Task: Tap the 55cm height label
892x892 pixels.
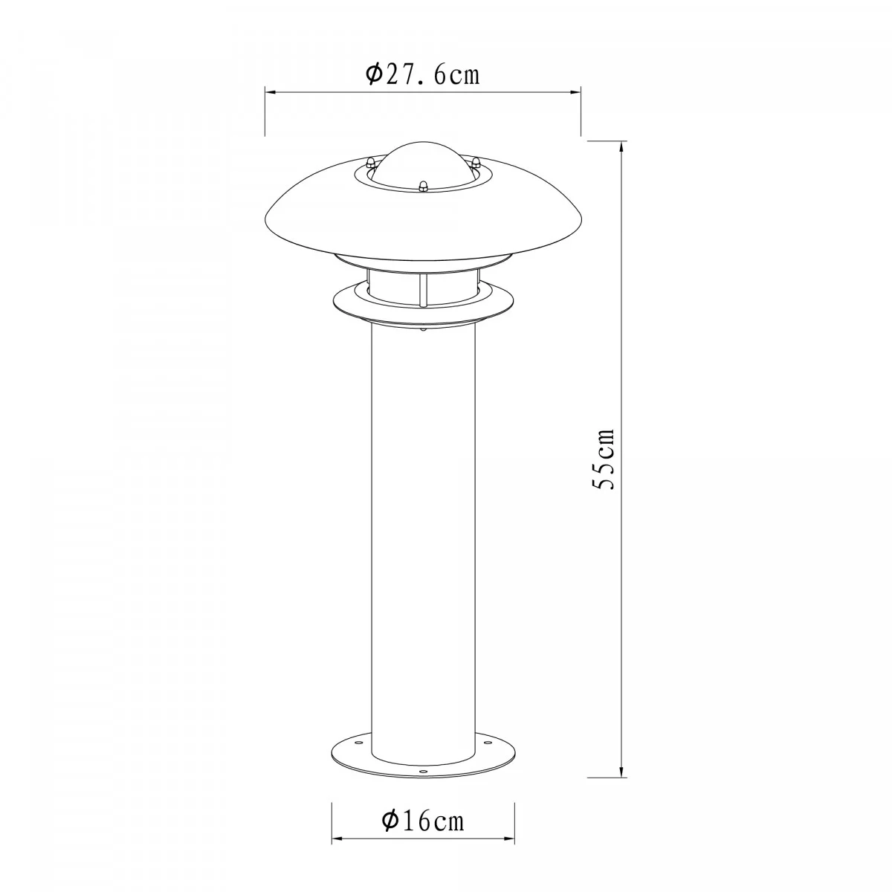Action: (x=604, y=459)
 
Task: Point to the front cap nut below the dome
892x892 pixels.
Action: (x=424, y=185)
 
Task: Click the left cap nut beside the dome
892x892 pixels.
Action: (x=369, y=161)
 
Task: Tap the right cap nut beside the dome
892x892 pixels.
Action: (x=477, y=161)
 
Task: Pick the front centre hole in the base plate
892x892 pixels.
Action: (x=424, y=772)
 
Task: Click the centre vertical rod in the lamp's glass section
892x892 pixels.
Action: (x=422, y=288)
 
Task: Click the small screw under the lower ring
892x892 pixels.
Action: (x=423, y=329)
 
